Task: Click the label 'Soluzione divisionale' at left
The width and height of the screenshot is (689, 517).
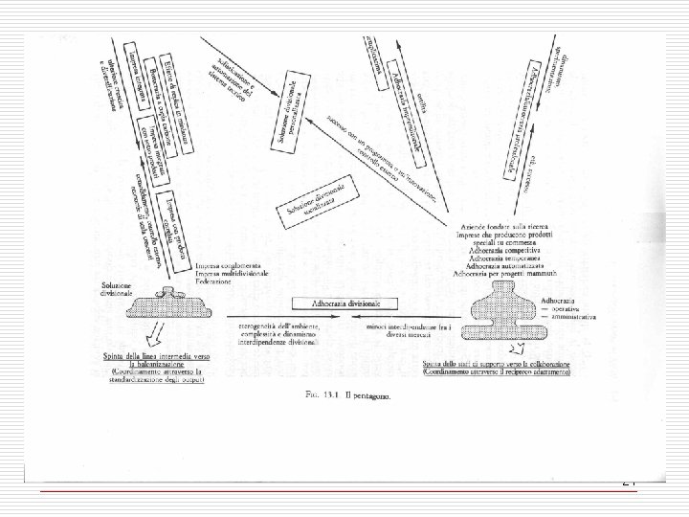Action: point(126,289)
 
